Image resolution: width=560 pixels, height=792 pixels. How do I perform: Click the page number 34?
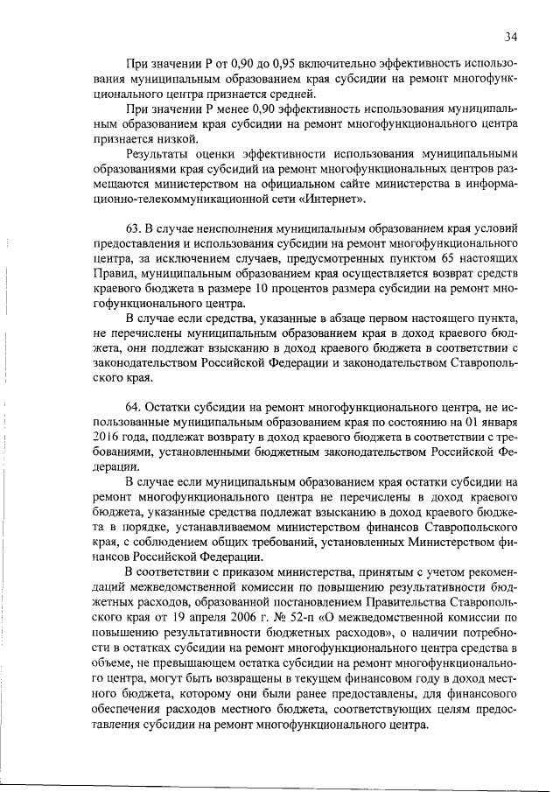coord(512,36)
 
